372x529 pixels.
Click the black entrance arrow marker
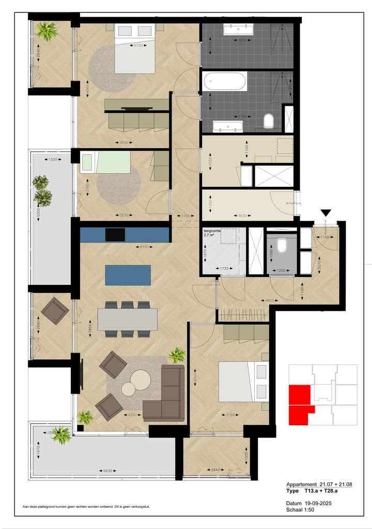tap(326, 213)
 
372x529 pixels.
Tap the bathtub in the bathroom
tap(225, 81)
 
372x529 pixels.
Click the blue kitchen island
tap(128, 275)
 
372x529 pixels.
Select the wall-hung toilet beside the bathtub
tap(269, 121)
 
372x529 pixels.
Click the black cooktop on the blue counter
tap(115, 234)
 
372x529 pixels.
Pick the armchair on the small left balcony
tap(55, 310)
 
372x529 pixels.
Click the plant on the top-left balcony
tap(47, 31)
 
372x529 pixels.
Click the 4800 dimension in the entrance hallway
tap(269, 300)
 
